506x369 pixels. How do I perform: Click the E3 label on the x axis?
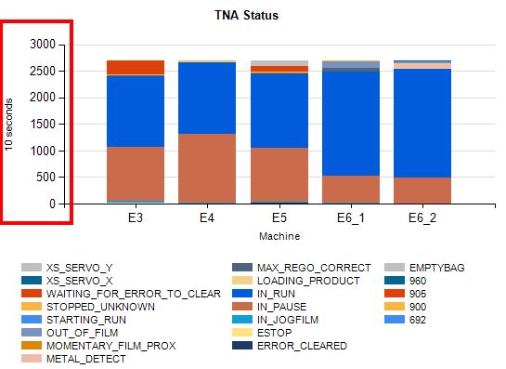136,218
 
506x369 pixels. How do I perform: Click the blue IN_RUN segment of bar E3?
136,111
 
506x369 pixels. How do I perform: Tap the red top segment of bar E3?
136,67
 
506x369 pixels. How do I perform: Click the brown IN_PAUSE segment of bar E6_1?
351,189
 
